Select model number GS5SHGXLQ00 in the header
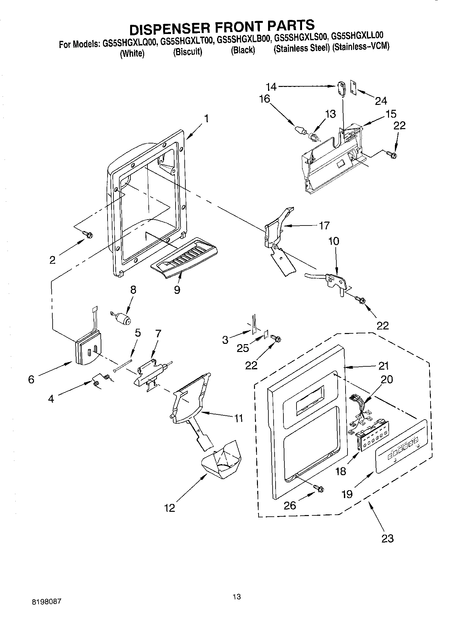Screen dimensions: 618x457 click(x=131, y=44)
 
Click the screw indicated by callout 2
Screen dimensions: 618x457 click(x=88, y=234)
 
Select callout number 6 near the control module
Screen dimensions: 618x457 click(x=31, y=379)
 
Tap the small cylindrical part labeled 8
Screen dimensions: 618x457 click(x=122, y=318)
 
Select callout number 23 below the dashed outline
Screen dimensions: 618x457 click(x=387, y=538)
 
